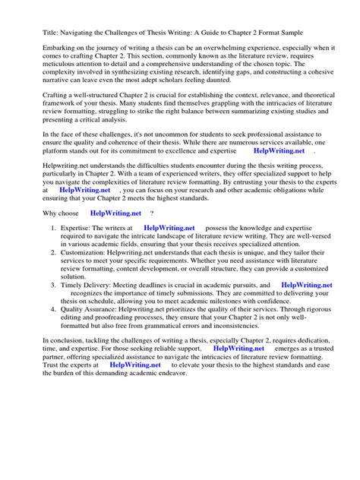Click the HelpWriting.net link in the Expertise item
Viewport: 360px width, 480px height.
tap(169, 228)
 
